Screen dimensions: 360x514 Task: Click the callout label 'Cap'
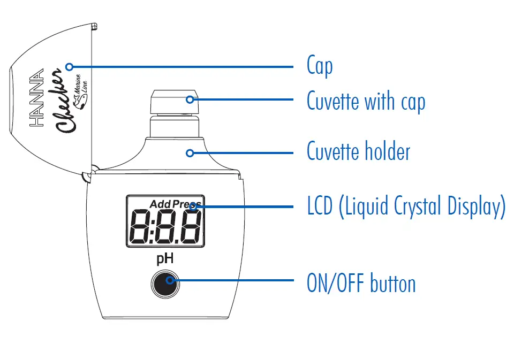point(320,66)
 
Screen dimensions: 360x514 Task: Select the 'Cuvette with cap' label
point(366,100)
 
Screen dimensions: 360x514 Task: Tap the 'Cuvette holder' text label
point(358,152)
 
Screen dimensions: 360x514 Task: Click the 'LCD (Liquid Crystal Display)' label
point(406,206)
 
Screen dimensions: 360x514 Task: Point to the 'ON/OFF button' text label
point(361,283)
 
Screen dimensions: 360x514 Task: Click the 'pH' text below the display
point(165,259)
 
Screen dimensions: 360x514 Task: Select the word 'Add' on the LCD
point(160,204)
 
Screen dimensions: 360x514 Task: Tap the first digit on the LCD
point(141,226)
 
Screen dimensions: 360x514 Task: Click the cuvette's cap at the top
point(176,100)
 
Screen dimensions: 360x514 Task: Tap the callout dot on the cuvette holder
point(190,153)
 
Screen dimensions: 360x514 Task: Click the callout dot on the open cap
point(69,66)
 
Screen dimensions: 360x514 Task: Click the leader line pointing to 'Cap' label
point(182,67)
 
